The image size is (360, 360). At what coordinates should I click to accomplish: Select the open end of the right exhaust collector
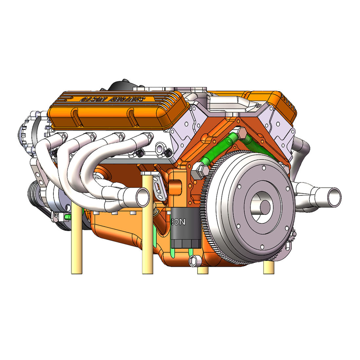tap(334, 197)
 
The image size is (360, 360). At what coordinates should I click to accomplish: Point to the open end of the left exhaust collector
tap(143, 197)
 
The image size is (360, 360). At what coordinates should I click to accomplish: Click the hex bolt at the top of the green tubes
tap(241, 133)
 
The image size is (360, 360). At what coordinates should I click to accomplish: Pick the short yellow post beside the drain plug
tap(203, 270)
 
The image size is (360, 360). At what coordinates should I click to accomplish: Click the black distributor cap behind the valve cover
tap(121, 86)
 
